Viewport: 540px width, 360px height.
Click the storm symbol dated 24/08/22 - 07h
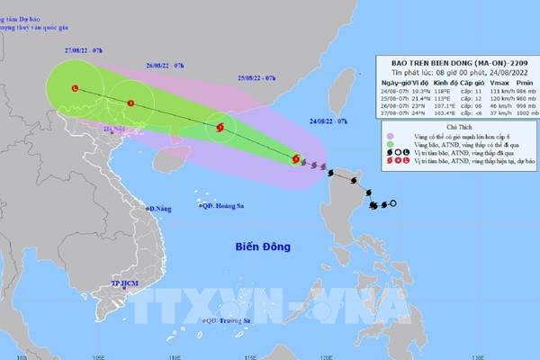pos(295,160)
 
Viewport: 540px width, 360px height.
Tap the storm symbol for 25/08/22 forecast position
pos(218,130)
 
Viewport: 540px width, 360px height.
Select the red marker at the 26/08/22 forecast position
pos(131,103)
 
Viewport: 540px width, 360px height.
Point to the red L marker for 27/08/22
pos(75,88)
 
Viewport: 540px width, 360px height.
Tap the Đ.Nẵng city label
pos(161,209)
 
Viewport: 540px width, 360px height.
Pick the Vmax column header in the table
pos(486,81)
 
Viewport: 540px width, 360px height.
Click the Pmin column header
pos(517,81)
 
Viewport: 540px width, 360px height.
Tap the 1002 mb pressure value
pos(519,116)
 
